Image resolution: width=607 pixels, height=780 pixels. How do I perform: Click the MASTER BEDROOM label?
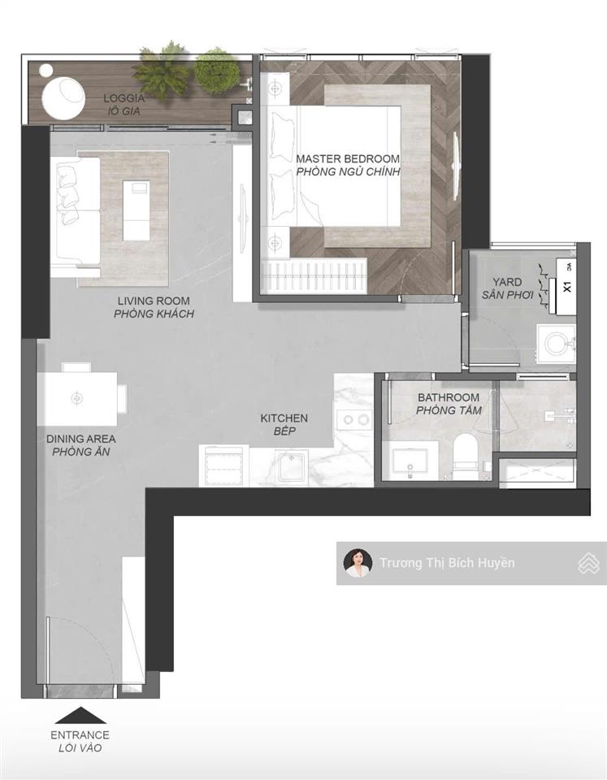pos(348,159)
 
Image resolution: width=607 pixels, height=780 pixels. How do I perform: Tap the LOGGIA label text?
pos(124,98)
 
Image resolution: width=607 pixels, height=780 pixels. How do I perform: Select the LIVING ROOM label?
pos(154,301)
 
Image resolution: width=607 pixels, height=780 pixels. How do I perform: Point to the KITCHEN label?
pos(284,418)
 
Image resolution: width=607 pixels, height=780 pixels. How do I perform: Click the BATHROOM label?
pos(449,397)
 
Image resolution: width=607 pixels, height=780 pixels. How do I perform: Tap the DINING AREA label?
pos(80,439)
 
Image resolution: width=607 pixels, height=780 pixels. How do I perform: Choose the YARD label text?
pos(508,282)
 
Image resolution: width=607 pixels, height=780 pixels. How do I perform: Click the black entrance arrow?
pos(80,715)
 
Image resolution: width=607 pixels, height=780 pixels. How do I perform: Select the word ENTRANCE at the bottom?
pos(80,734)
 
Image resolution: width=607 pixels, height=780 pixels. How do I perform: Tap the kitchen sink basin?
pos(293,466)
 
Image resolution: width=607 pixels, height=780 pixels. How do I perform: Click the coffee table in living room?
pos(137,210)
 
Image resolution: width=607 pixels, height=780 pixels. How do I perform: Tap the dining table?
pos(77,398)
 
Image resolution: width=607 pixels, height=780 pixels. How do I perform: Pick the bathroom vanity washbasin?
pos(410,461)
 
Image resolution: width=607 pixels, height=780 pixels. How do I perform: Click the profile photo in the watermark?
pos(358,562)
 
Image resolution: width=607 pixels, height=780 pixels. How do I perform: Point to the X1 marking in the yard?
pos(566,287)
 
